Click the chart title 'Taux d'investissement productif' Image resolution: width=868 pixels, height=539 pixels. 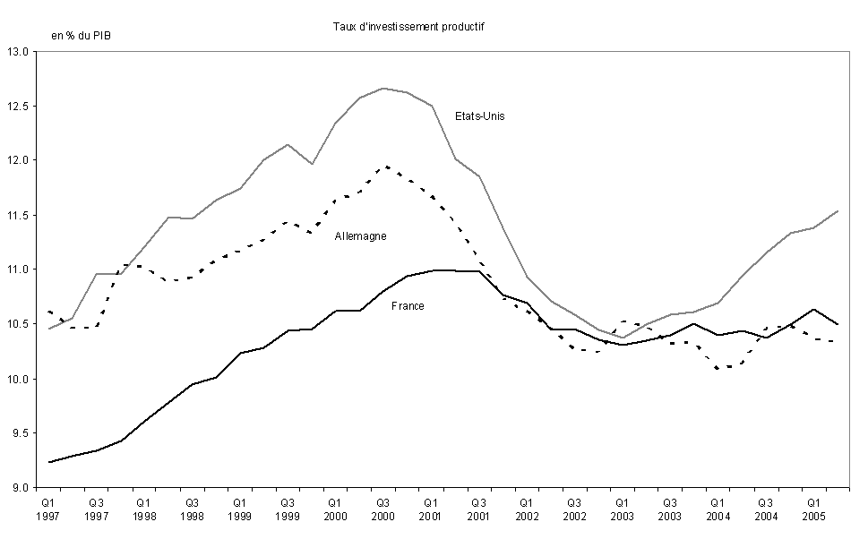[x=408, y=27]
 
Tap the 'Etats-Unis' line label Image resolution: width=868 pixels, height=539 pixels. [x=480, y=116]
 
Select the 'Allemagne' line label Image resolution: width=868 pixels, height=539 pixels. [x=360, y=236]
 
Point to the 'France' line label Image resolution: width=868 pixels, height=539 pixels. [x=408, y=306]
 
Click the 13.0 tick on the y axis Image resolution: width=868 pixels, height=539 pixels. [x=20, y=52]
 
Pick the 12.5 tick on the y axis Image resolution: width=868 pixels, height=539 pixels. [x=20, y=107]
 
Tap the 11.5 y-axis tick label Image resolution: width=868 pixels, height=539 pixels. [x=20, y=216]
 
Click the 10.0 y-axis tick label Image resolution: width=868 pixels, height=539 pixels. [x=20, y=380]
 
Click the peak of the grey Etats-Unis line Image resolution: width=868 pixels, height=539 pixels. [x=382, y=89]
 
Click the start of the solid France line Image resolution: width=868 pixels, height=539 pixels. [x=49, y=462]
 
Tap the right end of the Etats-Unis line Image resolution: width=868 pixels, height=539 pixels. [x=837, y=211]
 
